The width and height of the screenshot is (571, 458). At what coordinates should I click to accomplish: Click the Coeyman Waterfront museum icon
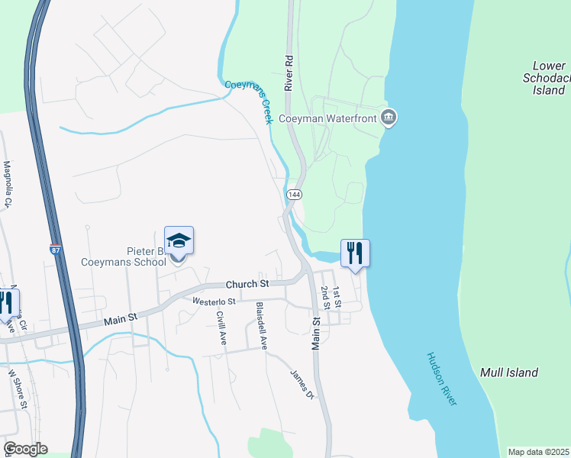point(389,118)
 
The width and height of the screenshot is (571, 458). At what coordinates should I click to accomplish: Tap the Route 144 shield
point(293,195)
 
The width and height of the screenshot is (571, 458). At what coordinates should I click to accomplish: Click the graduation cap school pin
point(179,242)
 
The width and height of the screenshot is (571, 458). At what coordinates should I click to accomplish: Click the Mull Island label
point(509,373)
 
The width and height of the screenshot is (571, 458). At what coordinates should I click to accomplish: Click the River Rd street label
point(289,73)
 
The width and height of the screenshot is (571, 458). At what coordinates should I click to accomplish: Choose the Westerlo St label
point(216,301)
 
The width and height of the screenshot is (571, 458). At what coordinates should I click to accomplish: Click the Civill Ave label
point(221,328)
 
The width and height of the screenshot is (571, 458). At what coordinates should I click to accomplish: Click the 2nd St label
point(325,298)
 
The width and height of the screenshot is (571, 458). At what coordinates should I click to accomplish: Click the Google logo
point(25,449)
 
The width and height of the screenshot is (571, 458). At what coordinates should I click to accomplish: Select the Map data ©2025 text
point(538,452)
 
